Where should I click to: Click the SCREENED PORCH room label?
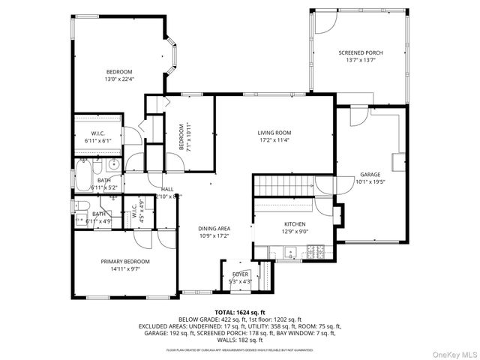(360, 52)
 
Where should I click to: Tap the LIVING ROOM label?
(274, 133)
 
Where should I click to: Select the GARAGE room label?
(370, 174)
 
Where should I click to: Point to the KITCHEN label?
(294, 224)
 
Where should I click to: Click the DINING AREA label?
(213, 229)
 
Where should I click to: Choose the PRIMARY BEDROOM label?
(125, 261)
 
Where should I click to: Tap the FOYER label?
(239, 274)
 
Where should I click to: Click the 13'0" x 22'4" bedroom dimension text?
(118, 79)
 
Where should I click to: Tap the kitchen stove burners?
(317, 251)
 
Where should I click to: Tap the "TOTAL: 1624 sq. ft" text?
(240, 312)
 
